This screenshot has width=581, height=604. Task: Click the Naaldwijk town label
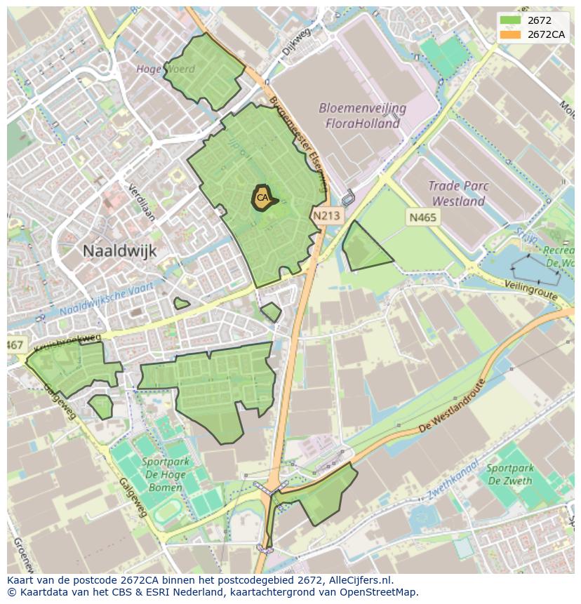pos(119,250)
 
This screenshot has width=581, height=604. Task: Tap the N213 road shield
pos(326,216)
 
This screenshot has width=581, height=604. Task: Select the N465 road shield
pos(422,217)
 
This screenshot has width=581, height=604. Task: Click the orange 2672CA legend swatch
pos(509,34)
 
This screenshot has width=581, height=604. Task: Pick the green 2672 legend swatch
pos(509,20)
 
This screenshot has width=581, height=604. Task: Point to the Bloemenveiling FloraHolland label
pos(362,116)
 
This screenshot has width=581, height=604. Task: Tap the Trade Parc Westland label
pos(460,194)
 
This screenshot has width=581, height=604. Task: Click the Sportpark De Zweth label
pos(509,474)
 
